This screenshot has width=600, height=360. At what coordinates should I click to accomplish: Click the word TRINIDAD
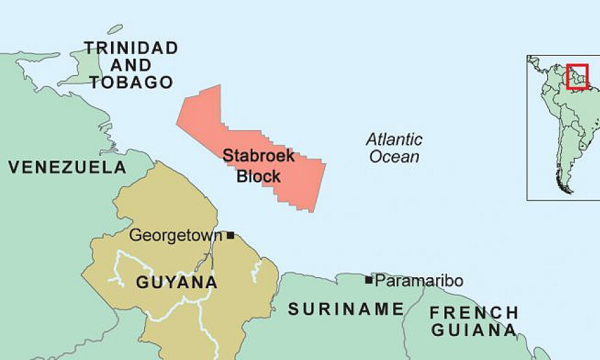tap(131, 48)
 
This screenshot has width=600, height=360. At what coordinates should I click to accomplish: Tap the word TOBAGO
tap(131, 83)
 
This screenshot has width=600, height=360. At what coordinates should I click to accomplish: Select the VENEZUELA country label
tap(67, 167)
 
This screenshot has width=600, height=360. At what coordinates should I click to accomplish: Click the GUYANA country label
tap(176, 282)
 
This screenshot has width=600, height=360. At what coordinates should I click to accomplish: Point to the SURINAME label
tap(346, 310)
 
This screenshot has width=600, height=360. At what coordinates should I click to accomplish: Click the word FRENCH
tap(474, 313)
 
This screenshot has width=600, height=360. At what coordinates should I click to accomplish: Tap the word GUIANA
tap(474, 330)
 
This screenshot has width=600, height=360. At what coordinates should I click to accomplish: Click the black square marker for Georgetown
tap(230, 235)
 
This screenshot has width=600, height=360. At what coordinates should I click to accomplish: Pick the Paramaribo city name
tap(419, 280)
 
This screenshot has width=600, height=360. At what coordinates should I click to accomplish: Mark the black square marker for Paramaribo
tap(368, 280)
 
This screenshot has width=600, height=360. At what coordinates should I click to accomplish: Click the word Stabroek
tap(259, 156)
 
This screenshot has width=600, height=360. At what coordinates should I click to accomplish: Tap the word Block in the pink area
tap(259, 176)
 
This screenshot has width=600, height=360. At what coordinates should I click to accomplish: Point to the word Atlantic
tap(394, 140)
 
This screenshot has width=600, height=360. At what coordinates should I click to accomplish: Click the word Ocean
tap(394, 157)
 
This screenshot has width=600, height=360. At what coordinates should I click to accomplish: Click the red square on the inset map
tap(577, 77)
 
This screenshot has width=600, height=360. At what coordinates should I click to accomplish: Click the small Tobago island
tap(115, 29)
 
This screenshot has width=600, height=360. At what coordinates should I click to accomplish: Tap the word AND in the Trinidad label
tap(131, 65)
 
